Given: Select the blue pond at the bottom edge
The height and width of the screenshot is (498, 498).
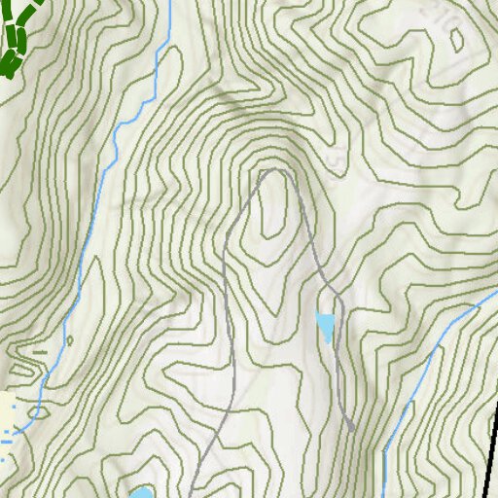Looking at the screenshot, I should click(141, 493).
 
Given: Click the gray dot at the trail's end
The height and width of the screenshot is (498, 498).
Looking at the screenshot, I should click(350, 427).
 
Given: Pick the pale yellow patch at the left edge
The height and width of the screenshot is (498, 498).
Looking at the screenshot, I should click(8, 410).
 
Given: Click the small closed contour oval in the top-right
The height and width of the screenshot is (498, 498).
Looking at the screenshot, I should click(456, 39).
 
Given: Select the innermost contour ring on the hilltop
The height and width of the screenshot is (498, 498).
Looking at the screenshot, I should click(274, 204).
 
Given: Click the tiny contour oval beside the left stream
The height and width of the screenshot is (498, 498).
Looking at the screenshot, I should click(70, 339).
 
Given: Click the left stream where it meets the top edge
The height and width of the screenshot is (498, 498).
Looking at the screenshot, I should click(168, 3).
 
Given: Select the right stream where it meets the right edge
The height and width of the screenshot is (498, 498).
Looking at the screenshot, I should click(494, 292).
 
